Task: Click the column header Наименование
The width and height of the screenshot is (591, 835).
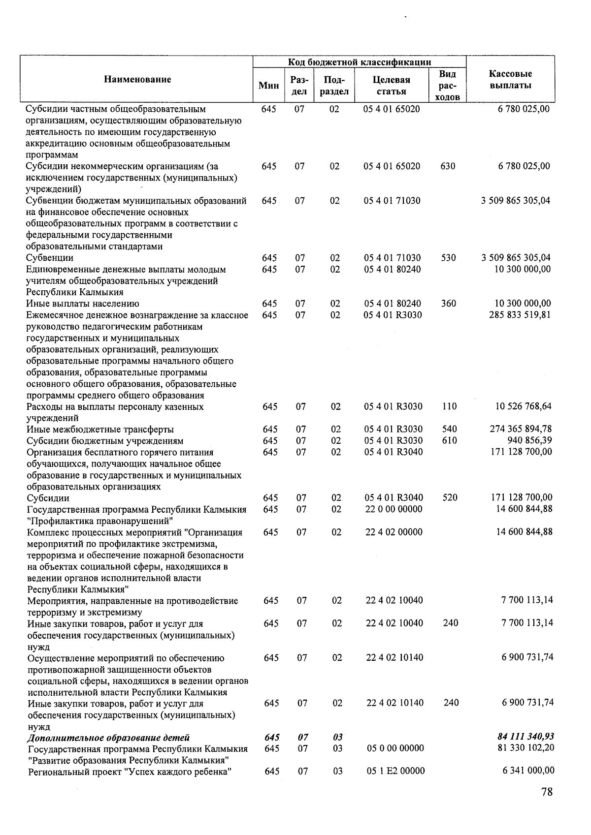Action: pyautogui.click(x=137, y=80)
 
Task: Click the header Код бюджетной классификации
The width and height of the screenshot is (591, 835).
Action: pyautogui.click(x=360, y=62)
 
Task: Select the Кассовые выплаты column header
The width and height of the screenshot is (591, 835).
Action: pyautogui.click(x=510, y=80)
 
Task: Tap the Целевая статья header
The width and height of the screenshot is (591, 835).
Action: pyautogui.click(x=392, y=86)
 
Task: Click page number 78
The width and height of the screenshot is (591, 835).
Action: pyautogui.click(x=546, y=792)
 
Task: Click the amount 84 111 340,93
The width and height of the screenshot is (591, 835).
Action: pyautogui.click(x=526, y=737)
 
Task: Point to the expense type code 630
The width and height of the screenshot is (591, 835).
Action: pyautogui.click(x=448, y=166)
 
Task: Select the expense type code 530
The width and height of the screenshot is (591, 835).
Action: pyautogui.click(x=448, y=258)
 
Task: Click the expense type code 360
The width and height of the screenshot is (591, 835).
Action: pyautogui.click(x=448, y=304)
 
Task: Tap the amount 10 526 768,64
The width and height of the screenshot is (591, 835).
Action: pyautogui.click(x=524, y=406)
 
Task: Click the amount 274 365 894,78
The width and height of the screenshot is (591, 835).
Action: pyautogui.click(x=521, y=429)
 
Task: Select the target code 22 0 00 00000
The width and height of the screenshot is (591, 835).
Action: pyautogui.click(x=394, y=509)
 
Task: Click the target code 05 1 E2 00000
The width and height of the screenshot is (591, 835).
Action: pyautogui.click(x=395, y=771)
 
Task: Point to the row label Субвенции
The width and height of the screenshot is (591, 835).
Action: pyautogui.click(x=50, y=258)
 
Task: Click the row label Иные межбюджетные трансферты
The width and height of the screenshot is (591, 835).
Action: pyautogui.click(x=100, y=430)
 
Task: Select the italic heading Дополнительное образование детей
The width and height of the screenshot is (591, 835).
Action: pyautogui.click(x=108, y=738)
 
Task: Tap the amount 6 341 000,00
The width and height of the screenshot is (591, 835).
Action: pyautogui.click(x=528, y=771)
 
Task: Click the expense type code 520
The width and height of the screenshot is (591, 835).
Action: pyautogui.click(x=450, y=498)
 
